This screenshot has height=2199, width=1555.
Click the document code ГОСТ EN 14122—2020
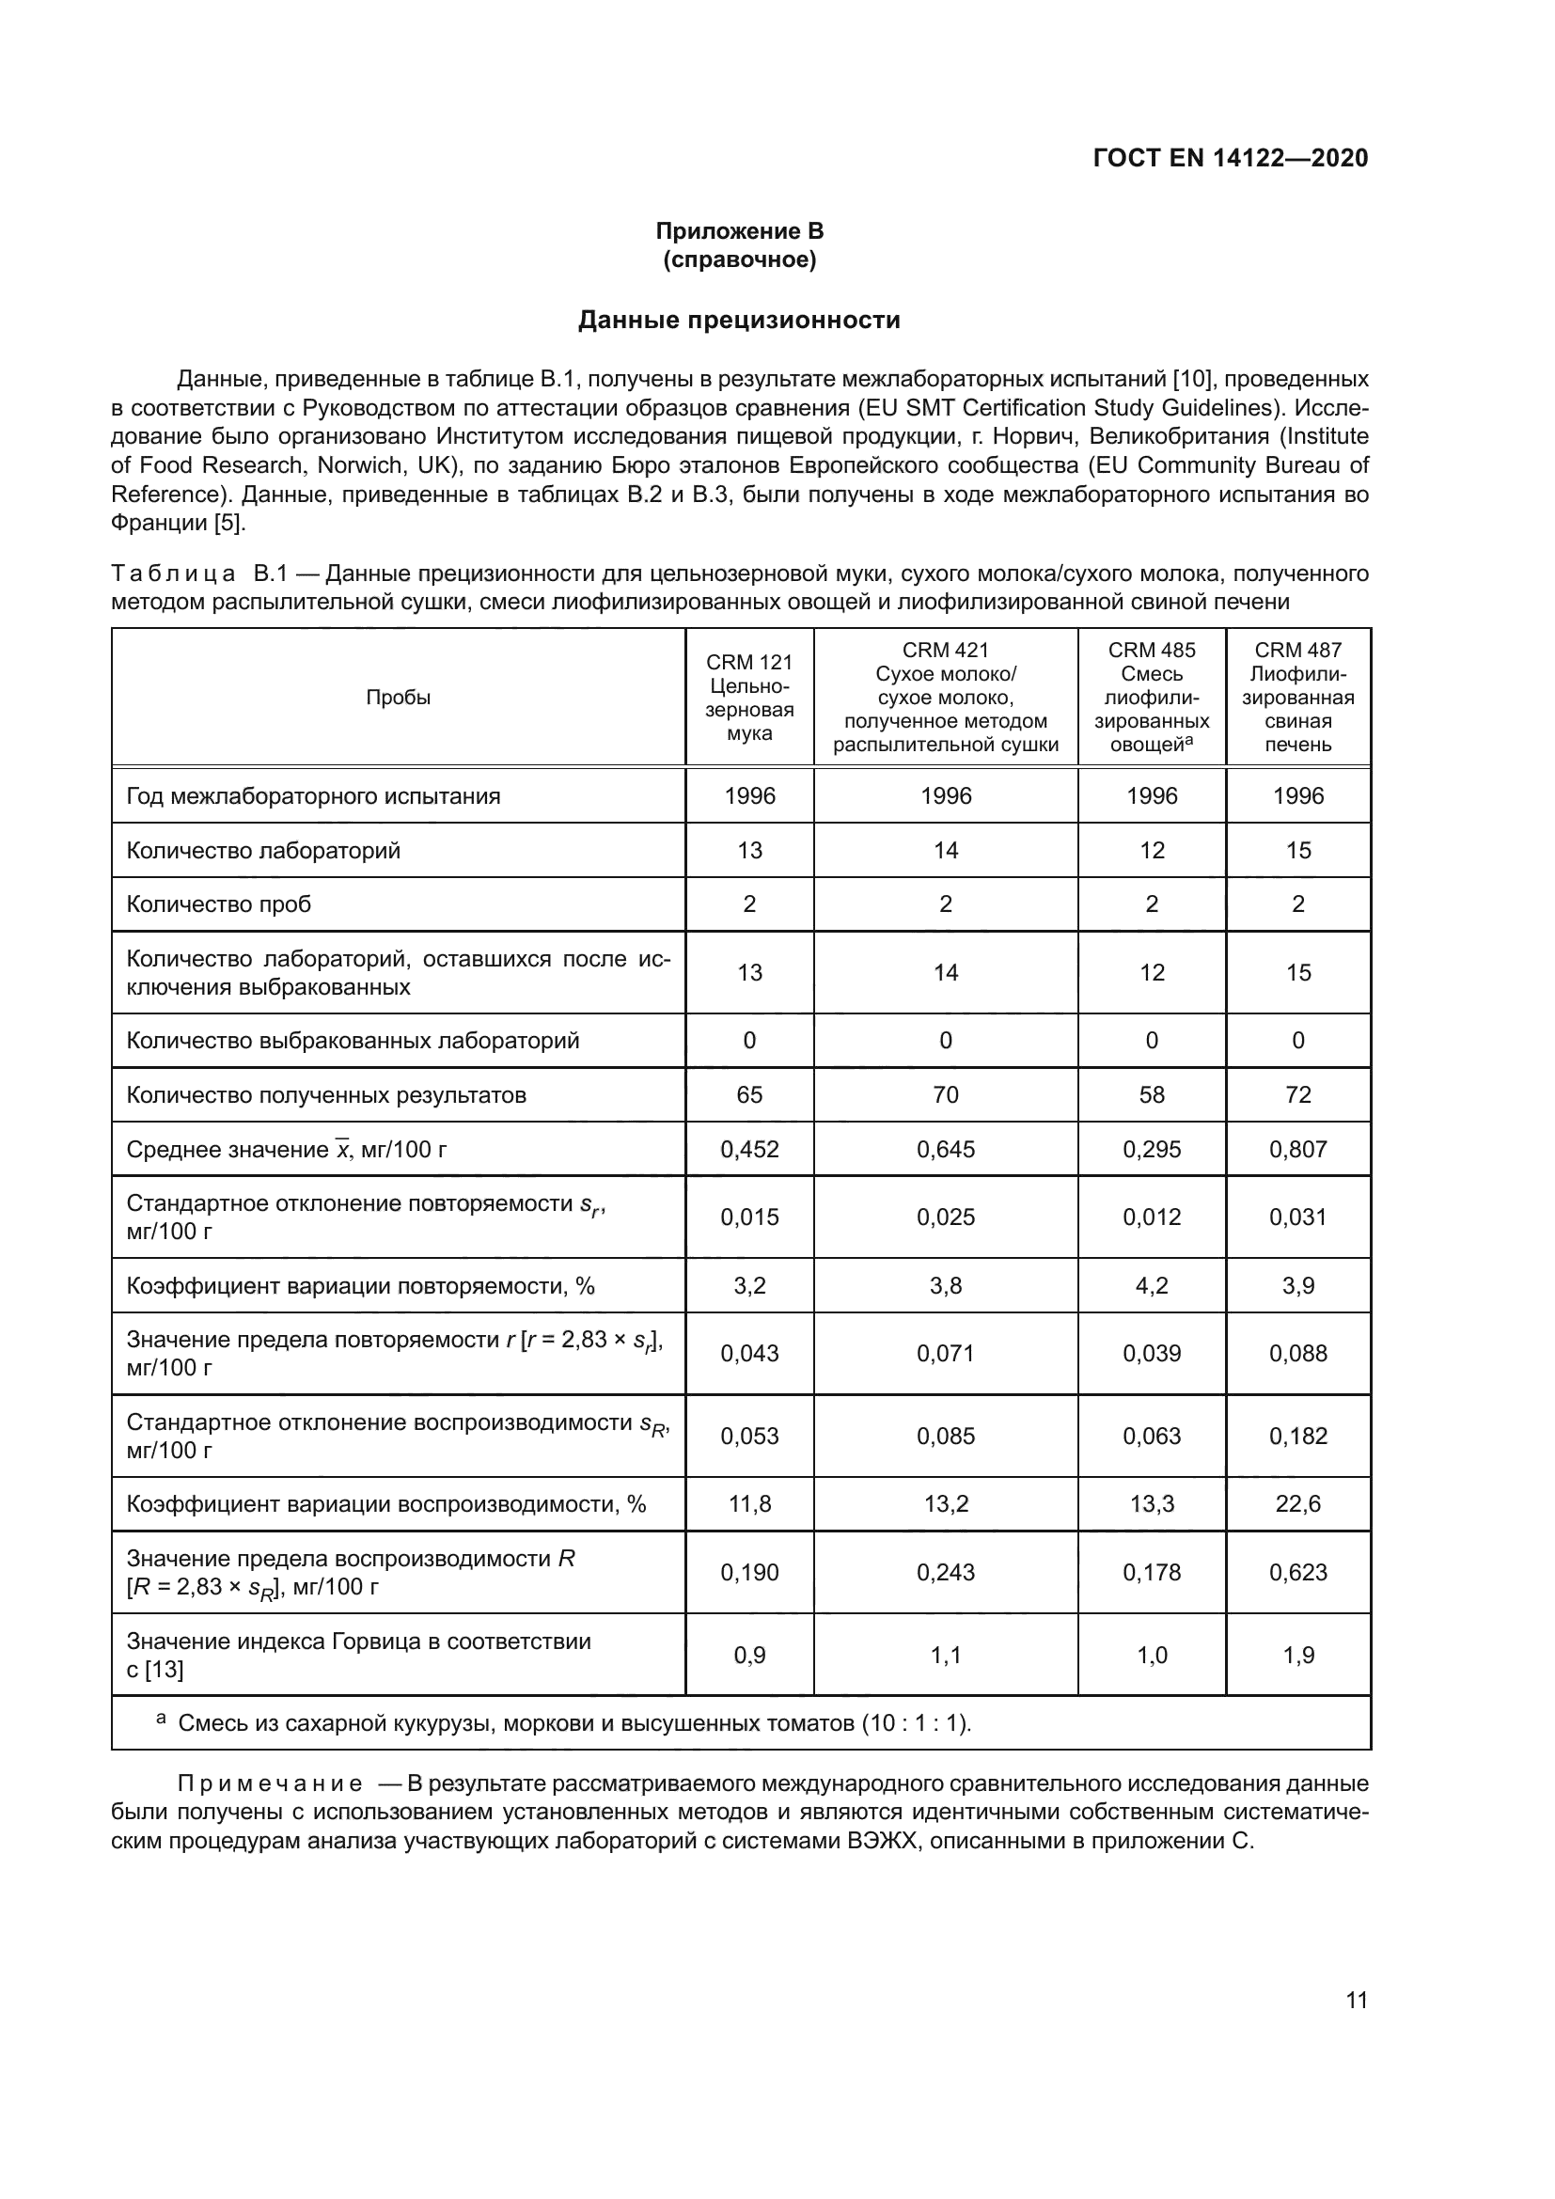pos(1231,158)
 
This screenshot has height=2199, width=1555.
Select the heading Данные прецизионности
pos(739,320)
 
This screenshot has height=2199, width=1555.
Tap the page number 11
pos(1356,2000)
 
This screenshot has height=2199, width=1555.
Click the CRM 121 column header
pos(749,698)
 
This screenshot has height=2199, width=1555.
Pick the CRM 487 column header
pos(1297,698)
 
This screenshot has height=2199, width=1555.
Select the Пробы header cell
pos(399,698)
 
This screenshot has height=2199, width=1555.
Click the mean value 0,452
pos(749,1148)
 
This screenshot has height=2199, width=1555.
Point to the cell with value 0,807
pos(1297,1148)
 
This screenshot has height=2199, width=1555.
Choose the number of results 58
pos(1152,1094)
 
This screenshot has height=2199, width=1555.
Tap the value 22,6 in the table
pos(1297,1503)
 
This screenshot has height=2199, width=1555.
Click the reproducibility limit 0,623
pos(1297,1572)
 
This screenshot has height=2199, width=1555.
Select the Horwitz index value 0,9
pos(749,1655)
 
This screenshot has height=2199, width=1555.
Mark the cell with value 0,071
pos(945,1353)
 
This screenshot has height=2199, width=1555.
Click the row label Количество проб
pos(219,904)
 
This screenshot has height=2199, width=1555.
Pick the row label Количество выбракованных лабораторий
pos(353,1040)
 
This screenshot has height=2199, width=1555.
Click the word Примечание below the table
pos(270,1783)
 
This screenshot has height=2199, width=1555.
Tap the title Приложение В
pos(739,232)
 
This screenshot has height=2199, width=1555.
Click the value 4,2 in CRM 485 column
pos(1152,1285)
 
